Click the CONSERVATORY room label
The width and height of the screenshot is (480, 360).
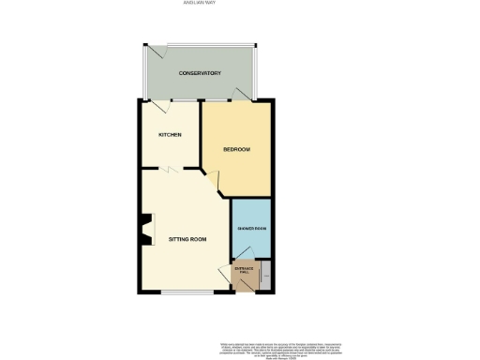[200, 73]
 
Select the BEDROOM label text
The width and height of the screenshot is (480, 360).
[236, 149]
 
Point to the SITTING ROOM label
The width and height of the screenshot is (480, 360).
[187, 240]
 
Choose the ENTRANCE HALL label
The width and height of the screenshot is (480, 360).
[244, 271]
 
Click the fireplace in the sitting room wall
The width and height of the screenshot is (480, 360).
[144, 232]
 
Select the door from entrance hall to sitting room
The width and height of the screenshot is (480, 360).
[234, 268]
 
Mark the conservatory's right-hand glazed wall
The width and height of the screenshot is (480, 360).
[258, 73]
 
